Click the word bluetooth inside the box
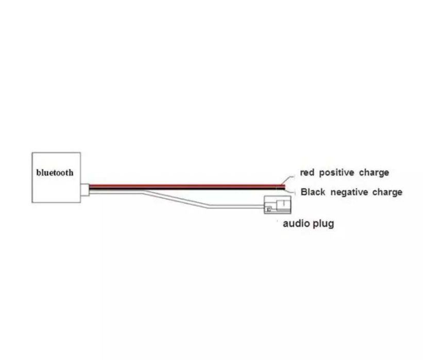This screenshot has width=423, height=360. (55, 173)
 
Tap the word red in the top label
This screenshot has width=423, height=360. (307, 173)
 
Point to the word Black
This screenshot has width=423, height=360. (313, 193)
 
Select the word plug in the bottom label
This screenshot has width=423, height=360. (323, 224)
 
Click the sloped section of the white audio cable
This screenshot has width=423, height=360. (178, 200)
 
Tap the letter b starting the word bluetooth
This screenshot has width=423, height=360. (39, 173)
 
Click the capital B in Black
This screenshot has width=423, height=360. (304, 193)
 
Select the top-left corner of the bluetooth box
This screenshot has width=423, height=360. (32, 152)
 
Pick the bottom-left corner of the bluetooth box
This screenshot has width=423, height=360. (32, 202)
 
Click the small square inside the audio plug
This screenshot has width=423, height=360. (268, 209)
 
